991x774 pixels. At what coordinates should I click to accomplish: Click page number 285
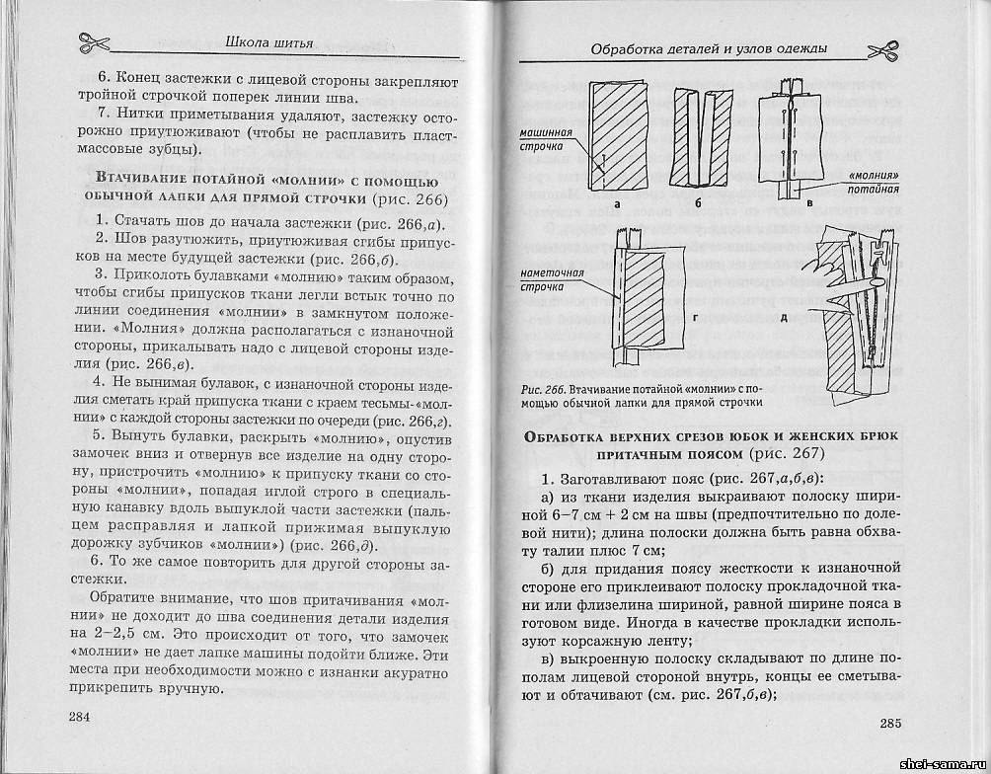point(890,723)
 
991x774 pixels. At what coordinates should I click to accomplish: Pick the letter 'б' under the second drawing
point(697,203)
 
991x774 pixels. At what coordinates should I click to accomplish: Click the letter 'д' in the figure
point(783,317)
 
